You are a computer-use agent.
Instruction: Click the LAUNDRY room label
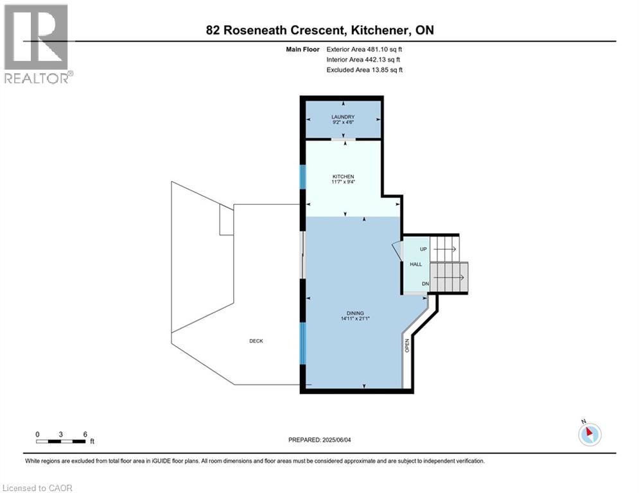click(343, 117)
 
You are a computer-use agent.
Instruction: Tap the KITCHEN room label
click(343, 177)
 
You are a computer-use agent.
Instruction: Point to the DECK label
click(256, 341)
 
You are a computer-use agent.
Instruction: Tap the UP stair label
click(423, 249)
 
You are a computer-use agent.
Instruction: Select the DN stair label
click(425, 284)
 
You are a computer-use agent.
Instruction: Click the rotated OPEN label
click(407, 345)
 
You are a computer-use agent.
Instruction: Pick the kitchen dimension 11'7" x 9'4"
click(343, 182)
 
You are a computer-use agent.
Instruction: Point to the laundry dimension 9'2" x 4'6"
click(343, 122)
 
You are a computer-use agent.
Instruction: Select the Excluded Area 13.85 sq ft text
click(365, 69)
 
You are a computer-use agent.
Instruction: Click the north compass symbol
click(589, 433)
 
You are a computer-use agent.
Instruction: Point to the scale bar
click(61, 442)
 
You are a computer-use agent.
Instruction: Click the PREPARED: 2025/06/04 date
click(324, 440)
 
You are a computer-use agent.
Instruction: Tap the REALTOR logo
click(37, 44)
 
